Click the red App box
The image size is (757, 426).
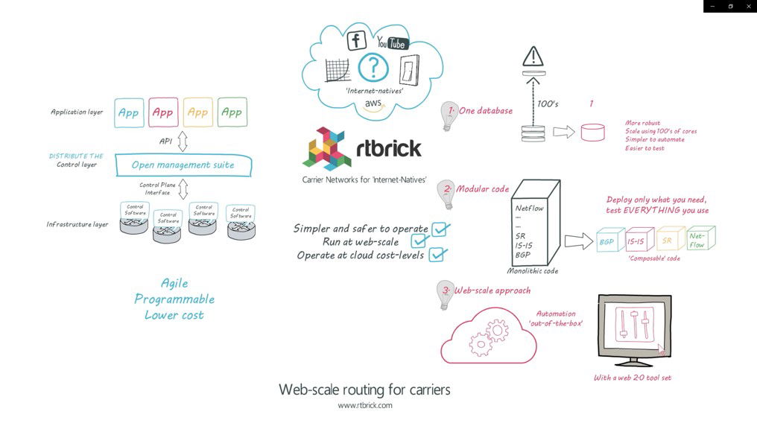pos(163,112)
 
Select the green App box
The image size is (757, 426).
pos(232,112)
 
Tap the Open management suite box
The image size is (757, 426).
pos(183,165)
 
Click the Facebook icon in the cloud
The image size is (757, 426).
pos(357,41)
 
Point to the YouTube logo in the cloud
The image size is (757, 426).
pos(390,43)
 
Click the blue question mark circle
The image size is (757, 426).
pos(373,69)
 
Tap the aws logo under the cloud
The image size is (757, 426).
pos(373,104)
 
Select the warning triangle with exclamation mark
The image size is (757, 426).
pos(533,56)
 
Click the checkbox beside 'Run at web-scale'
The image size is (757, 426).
pos(419,241)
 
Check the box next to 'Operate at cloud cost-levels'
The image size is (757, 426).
pos(437,255)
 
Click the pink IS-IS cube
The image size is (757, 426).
pos(636,241)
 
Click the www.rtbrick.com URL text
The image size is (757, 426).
pos(365,406)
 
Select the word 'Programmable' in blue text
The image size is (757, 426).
pos(174,299)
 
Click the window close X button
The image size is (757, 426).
pos(749,6)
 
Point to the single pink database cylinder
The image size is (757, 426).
pos(592,133)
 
